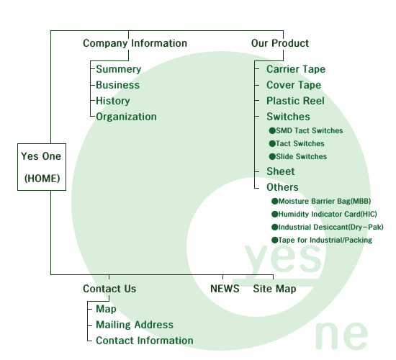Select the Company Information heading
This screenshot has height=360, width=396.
click(135, 43)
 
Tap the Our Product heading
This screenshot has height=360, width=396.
click(280, 43)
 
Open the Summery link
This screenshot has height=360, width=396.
click(119, 69)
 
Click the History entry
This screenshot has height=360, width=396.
click(113, 101)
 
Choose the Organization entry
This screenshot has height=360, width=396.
click(126, 117)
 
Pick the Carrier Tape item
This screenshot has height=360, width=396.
click(296, 69)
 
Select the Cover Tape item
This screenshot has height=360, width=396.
click(294, 85)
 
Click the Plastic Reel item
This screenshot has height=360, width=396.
click(295, 101)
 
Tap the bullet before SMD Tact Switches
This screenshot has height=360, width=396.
click(272, 130)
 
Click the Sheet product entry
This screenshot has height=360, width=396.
click(281, 171)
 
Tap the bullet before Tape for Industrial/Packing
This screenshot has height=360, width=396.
click(275, 240)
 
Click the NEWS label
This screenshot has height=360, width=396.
click(225, 289)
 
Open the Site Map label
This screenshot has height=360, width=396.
click(274, 289)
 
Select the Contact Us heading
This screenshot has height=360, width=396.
click(109, 289)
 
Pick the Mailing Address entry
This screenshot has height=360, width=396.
click(135, 325)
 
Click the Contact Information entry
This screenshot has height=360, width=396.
click(145, 341)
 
